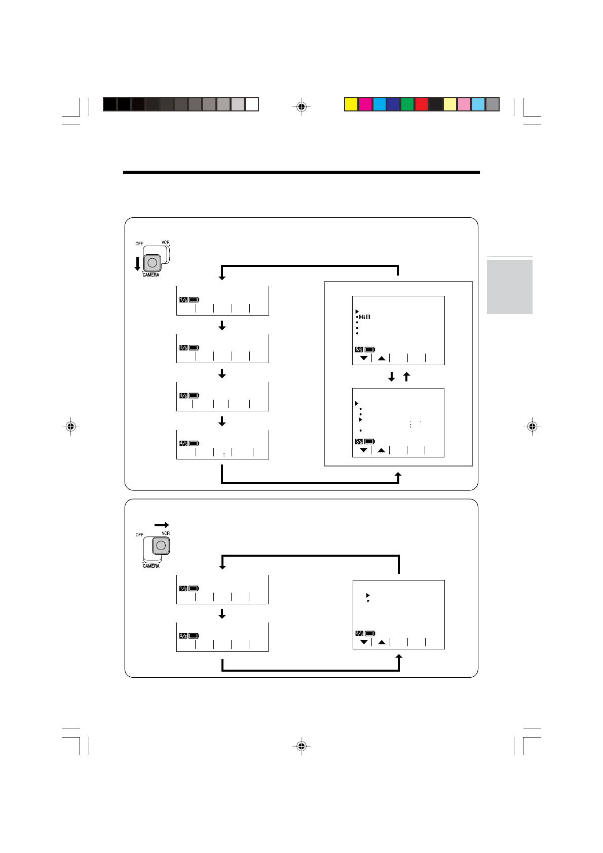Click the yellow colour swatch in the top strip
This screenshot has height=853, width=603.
coord(351,104)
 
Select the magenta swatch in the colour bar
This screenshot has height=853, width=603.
coord(365,104)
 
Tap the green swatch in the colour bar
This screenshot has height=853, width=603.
coord(407,104)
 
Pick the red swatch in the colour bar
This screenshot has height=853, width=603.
coord(422,104)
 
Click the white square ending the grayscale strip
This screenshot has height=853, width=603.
coord(252,104)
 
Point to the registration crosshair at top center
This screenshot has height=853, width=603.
coord(301,107)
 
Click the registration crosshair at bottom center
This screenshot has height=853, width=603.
coord(301,746)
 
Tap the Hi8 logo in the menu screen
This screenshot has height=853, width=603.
coord(365,317)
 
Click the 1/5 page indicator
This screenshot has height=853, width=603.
coord(183,300)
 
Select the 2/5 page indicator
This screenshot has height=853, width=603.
coord(183,348)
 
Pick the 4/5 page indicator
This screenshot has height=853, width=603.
coord(183,444)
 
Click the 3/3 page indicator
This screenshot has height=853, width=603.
coord(359,634)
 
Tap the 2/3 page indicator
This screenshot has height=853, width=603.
coord(183,636)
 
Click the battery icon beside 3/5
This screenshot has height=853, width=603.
coord(194,396)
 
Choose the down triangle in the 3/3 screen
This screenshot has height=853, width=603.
coord(364,642)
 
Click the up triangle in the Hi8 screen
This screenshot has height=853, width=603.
coord(382,358)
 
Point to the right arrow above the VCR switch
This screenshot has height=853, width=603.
coord(162,525)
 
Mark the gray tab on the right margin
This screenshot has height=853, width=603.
coord(509,287)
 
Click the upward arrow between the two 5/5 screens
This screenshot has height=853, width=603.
coord(406,377)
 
